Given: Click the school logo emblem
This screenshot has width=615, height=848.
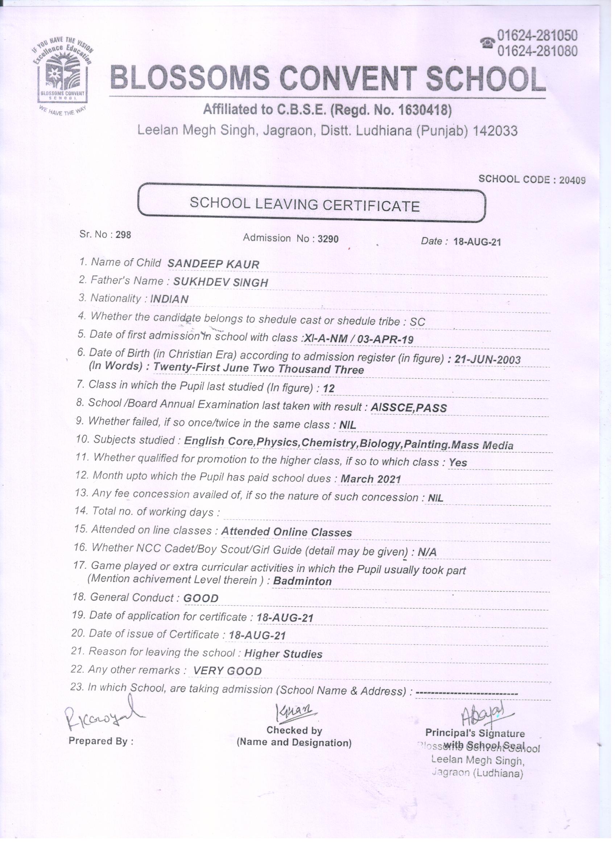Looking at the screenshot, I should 62,75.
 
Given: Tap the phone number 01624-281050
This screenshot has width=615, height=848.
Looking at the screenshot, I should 537,36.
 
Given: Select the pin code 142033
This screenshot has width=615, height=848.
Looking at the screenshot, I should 495,131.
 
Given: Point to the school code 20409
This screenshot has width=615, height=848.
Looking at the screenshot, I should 571,180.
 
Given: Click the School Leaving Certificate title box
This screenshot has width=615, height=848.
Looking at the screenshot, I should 311,205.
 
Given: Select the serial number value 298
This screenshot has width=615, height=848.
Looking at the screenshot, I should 123,235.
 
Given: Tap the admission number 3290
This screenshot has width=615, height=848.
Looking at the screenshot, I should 328,239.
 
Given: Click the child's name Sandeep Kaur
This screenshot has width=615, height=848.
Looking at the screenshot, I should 213,264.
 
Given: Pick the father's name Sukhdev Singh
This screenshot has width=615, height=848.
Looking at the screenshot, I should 220,282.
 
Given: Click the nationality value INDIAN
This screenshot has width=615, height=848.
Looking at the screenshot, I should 169,299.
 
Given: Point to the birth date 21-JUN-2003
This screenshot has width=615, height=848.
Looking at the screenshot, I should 487,360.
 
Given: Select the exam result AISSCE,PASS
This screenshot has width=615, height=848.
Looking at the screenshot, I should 409,408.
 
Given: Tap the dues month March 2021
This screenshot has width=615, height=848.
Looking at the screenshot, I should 371,479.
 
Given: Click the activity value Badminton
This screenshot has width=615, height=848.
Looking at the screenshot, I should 302,581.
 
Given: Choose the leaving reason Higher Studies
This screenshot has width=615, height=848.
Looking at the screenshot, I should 283,654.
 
